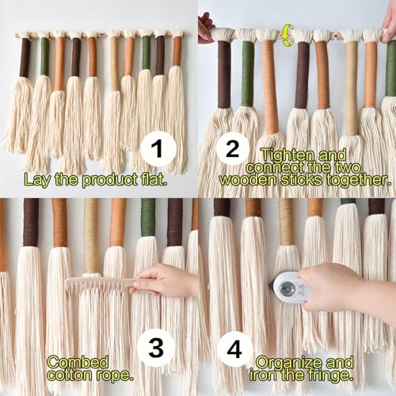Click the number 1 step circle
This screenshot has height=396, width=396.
158,148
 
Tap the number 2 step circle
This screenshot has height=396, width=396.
232,149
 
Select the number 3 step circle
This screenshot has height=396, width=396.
156,348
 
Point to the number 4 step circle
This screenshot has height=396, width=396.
234,349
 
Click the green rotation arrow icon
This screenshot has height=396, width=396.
287,35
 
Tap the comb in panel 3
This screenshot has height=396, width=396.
101,286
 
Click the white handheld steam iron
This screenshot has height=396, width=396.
291,287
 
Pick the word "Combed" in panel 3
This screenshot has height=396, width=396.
78,362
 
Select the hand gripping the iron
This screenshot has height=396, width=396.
343,287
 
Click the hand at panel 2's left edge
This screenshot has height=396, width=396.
206,26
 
